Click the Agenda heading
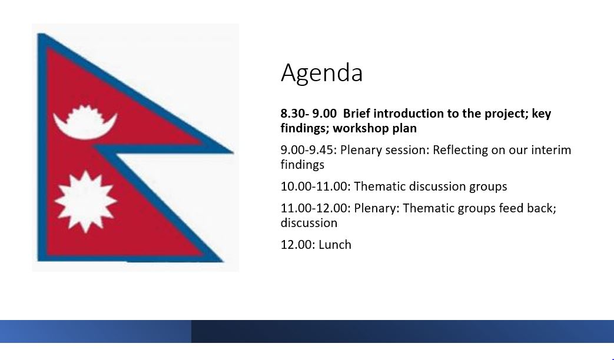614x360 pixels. pos(322,73)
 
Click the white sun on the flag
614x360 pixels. pos(86,202)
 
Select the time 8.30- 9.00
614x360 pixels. pos(308,114)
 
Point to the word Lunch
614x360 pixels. pos(335,245)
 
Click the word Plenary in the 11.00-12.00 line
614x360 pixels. pos(377,209)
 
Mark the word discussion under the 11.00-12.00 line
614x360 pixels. pos(309,223)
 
